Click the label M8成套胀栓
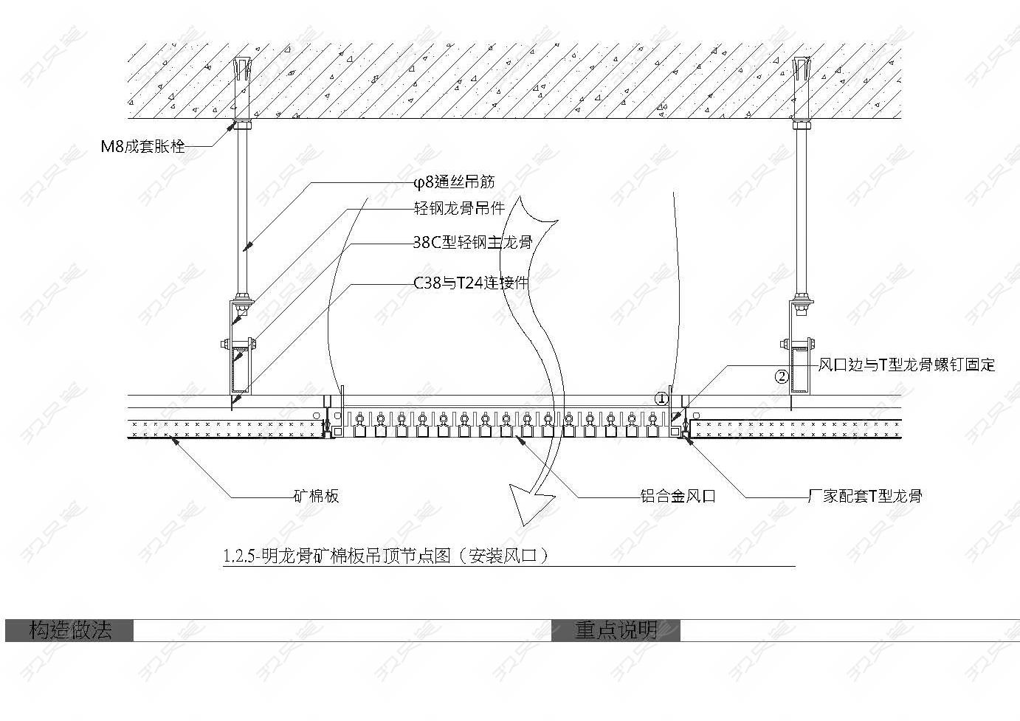(143, 146)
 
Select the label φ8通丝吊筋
(453, 182)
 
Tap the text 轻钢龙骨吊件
(459, 208)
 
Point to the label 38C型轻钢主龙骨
(472, 242)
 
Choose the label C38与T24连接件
(471, 283)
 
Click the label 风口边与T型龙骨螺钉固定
(906, 365)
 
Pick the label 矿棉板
(317, 496)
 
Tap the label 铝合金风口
(678, 496)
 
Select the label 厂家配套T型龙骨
(865, 496)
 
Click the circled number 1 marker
(661, 399)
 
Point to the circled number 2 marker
(782, 376)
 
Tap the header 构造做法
(70, 630)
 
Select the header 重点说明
(616, 630)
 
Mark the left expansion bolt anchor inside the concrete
(242, 86)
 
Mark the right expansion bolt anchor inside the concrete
(802, 86)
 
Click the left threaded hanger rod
(242, 213)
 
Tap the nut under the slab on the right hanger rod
(802, 124)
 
